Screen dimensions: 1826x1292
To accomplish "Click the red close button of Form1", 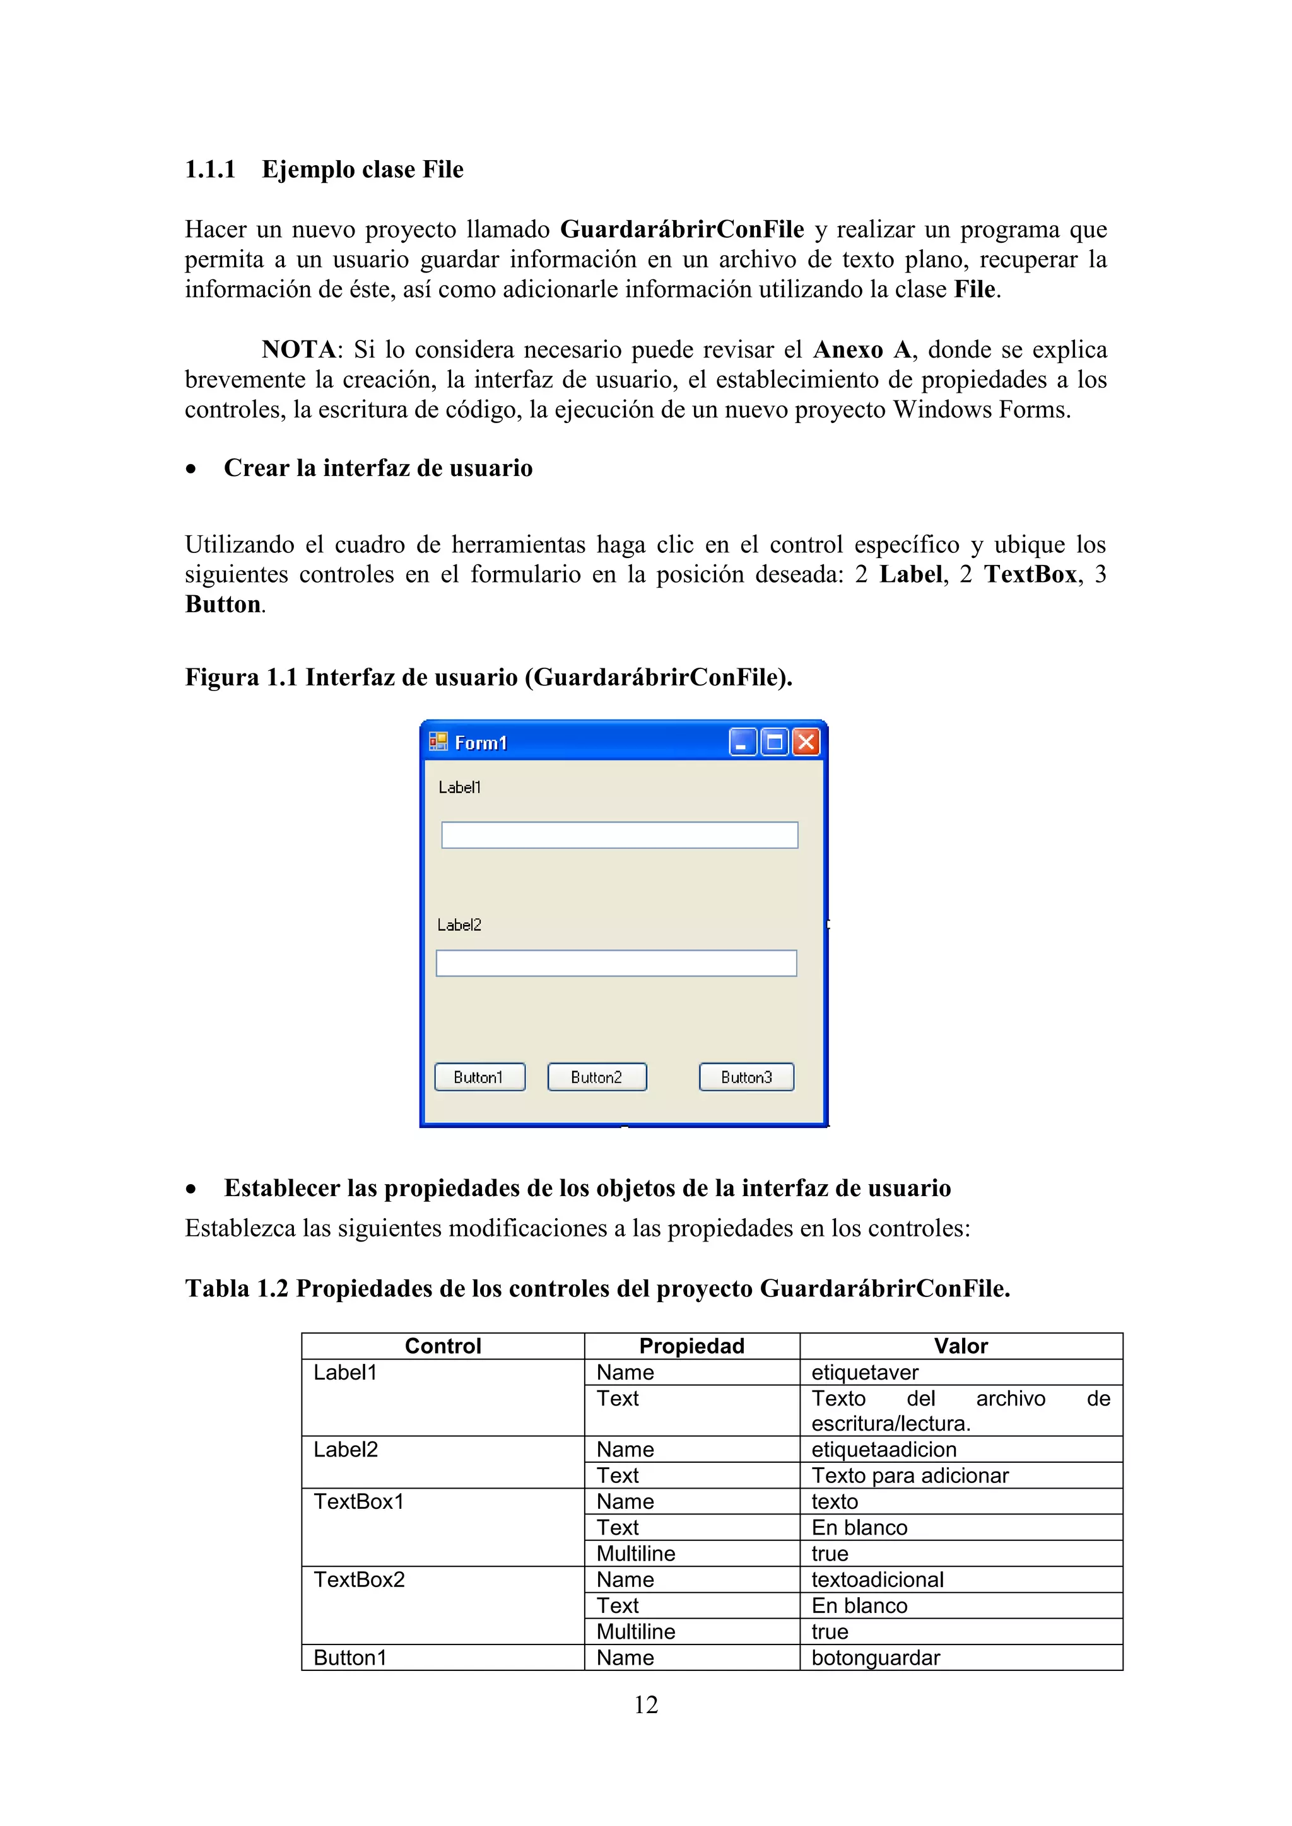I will tap(806, 742).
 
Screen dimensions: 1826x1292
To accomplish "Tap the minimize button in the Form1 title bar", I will tap(743, 742).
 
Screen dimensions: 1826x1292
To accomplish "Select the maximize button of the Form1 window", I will tap(774, 742).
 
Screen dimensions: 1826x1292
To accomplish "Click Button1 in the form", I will tap(479, 1077).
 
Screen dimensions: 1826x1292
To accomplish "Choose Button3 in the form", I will tap(746, 1077).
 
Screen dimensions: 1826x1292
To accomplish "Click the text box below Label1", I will tap(619, 835).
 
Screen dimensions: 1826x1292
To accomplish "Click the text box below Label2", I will tap(616, 963).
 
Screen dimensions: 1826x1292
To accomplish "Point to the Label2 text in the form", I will tap(459, 925).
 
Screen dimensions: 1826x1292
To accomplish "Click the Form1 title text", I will tap(481, 743).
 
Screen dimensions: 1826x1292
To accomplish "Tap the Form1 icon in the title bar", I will tap(438, 742).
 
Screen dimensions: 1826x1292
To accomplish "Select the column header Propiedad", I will tap(691, 1346).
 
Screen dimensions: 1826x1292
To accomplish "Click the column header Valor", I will tap(960, 1346).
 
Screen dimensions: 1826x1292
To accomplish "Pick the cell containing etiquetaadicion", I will tap(883, 1449).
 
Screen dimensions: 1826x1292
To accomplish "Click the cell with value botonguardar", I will tap(875, 1658).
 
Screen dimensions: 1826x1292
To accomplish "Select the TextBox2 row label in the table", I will tap(359, 1579).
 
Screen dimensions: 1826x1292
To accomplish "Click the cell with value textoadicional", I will tap(877, 1579).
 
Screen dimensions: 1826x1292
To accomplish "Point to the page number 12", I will tap(645, 1704).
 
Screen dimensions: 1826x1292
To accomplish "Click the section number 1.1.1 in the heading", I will tap(210, 170).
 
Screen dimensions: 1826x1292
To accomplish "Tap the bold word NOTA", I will tap(298, 349).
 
